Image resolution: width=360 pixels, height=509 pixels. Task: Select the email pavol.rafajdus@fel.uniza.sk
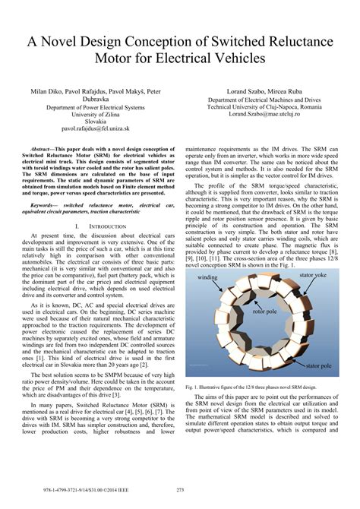(x=90, y=131)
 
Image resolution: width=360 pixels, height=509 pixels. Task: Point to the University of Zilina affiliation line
(x=90, y=115)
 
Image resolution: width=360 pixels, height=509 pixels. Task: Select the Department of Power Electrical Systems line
(x=90, y=107)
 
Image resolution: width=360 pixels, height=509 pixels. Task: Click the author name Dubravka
(x=90, y=98)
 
